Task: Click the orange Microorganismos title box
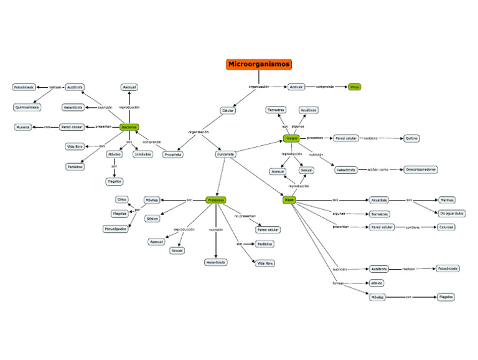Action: coord(258,64)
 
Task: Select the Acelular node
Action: coord(296,87)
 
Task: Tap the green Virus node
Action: coord(355,87)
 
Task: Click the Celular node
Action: coord(228,111)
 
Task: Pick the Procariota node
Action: coord(172,154)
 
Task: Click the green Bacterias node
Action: coord(129,126)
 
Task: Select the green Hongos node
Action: coord(291,138)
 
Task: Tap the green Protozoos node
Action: coord(215,200)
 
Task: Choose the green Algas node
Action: coord(289,200)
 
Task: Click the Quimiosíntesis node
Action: coord(27,107)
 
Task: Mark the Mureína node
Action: coord(24,127)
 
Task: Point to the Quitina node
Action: coord(411,138)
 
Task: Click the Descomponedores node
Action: coord(420,169)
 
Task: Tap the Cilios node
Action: coord(121,199)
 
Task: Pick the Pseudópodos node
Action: coord(115,229)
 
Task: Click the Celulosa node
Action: coord(446,227)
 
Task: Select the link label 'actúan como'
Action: coord(378,169)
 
